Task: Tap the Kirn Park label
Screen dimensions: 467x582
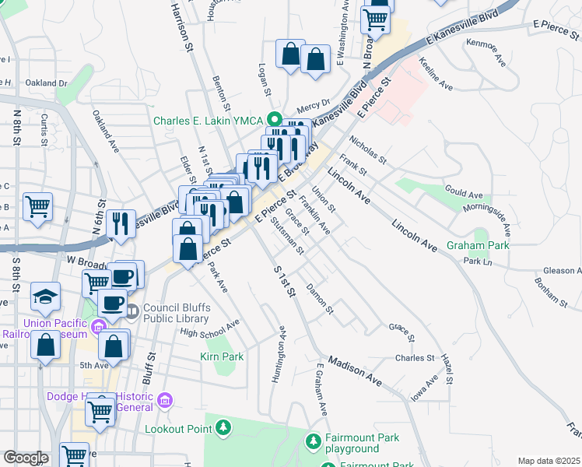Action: (222, 357)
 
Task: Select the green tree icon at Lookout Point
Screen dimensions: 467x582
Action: (224, 427)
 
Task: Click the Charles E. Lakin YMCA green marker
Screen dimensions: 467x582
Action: (274, 120)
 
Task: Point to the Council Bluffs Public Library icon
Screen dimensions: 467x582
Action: (131, 312)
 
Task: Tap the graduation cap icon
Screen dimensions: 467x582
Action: (46, 297)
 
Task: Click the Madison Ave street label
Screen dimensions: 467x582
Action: (355, 371)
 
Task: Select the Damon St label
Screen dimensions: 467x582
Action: (319, 300)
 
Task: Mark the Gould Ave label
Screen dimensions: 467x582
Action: (464, 192)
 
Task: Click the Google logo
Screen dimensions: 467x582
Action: (26, 458)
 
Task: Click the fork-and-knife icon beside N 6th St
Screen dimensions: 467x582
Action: (120, 223)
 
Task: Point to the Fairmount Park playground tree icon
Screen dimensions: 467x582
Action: (313, 442)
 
